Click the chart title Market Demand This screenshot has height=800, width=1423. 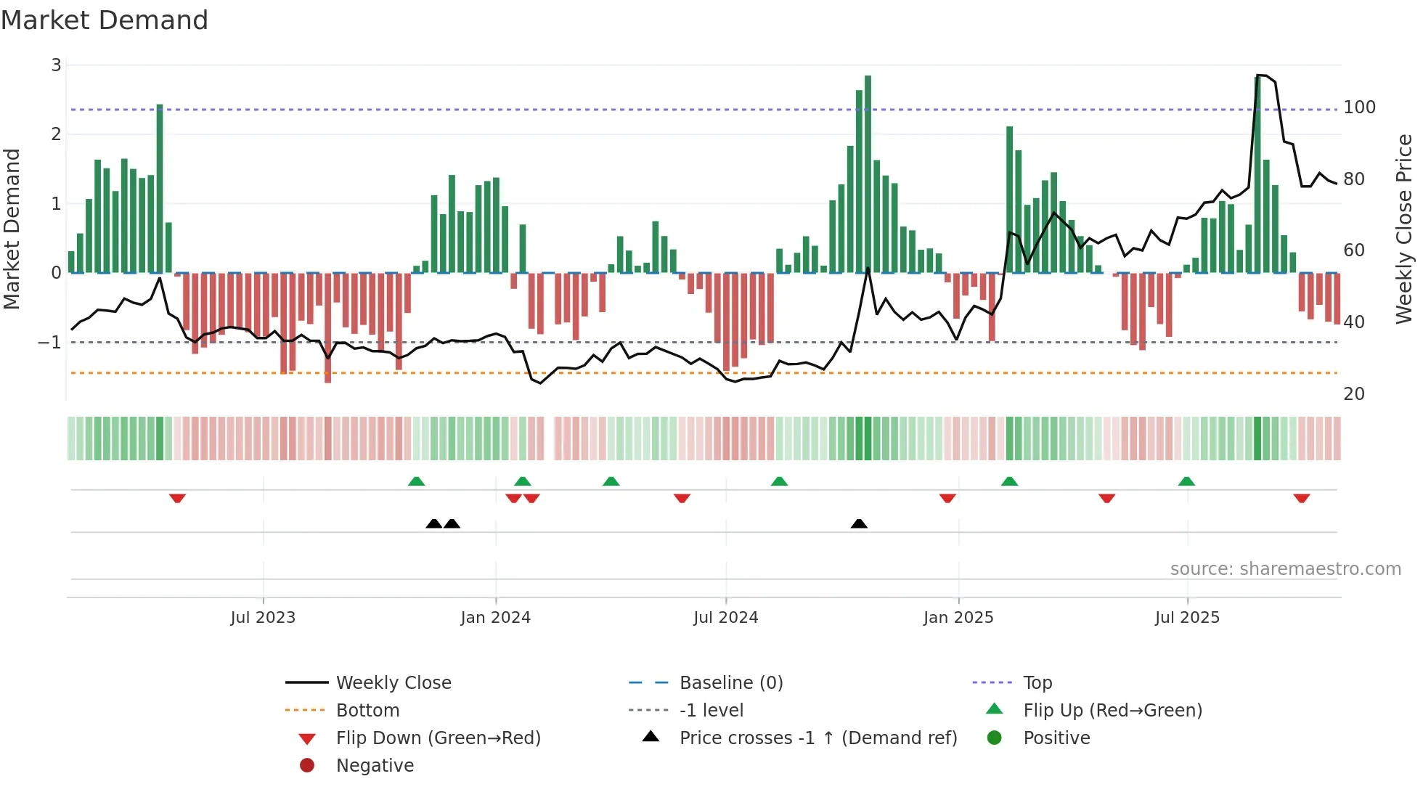tap(105, 20)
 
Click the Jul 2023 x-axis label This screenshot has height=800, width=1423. tap(263, 618)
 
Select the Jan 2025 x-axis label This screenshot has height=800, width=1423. tap(958, 618)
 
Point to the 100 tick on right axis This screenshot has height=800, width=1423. tap(1359, 107)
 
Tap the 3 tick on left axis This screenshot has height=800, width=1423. tap(56, 65)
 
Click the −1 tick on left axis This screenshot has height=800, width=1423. tap(50, 342)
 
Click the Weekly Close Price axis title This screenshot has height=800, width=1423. tap(1404, 229)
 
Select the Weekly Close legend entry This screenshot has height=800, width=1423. tap(393, 683)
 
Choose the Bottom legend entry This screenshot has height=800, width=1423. tap(367, 711)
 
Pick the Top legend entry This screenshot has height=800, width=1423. tap(1037, 683)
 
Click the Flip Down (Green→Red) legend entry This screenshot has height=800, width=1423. tap(438, 738)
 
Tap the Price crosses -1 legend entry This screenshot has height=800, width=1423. tap(817, 738)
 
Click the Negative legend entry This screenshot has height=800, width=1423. tap(375, 766)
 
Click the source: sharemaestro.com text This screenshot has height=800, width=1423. tap(1285, 569)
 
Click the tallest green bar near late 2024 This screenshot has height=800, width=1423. tap(868, 174)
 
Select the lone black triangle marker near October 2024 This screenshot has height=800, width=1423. tap(859, 523)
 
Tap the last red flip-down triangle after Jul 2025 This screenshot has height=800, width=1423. tap(1301, 499)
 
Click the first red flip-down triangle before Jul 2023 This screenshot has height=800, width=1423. tap(177, 499)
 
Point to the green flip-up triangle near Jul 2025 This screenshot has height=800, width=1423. tap(1186, 481)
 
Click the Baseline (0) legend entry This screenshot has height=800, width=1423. tap(730, 683)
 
